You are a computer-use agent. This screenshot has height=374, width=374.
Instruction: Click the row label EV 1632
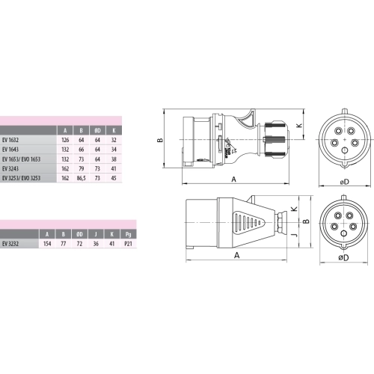(11, 138)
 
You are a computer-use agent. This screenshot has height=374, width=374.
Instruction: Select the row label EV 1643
(11, 149)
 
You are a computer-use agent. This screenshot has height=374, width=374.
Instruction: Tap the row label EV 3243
(11, 169)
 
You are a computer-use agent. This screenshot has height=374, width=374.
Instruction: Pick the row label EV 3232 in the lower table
(11, 243)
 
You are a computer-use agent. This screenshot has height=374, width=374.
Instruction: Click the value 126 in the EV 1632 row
(65, 138)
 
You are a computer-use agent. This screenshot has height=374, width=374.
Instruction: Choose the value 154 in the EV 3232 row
(49, 243)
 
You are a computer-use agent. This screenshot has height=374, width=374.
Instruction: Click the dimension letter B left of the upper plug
(160, 139)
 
